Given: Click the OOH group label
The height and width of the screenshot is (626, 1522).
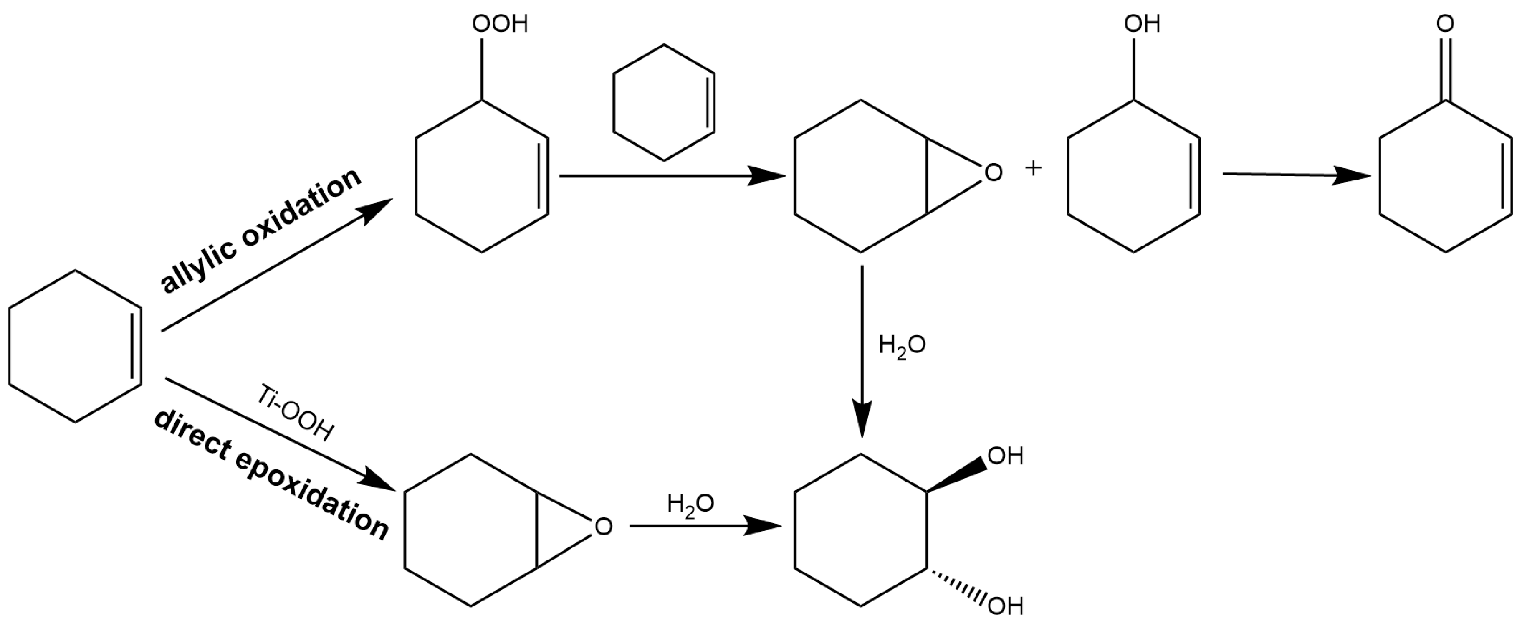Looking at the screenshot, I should [x=500, y=25].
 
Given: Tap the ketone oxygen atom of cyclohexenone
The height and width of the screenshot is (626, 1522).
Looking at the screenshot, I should [x=1445, y=24].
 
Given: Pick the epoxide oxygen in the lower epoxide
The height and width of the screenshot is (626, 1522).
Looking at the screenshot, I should [x=603, y=526].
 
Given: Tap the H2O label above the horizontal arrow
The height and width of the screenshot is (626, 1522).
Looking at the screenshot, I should [x=690, y=504].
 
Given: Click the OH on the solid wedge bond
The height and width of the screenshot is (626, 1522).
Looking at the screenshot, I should [x=1005, y=456].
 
